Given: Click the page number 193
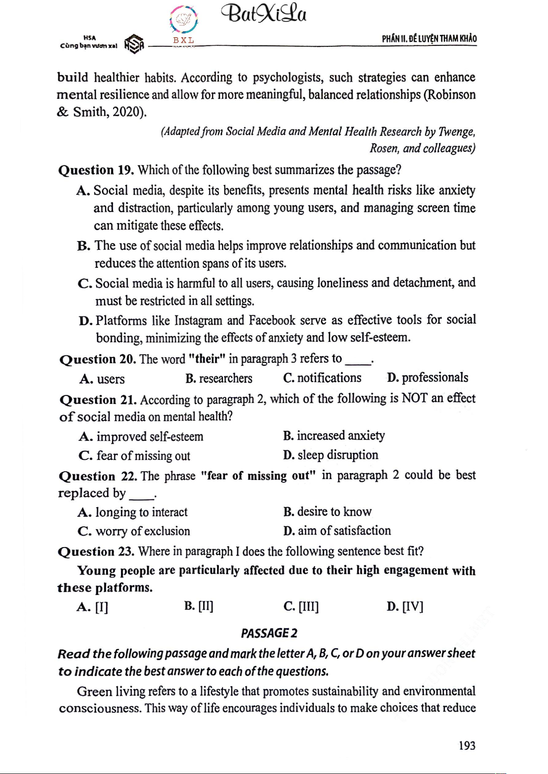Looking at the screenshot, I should point(467,746).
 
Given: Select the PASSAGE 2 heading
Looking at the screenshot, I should point(269,633).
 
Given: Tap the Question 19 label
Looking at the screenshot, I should point(96,170).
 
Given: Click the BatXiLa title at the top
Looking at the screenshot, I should point(264,14).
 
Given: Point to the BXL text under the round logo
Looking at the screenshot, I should point(183,40).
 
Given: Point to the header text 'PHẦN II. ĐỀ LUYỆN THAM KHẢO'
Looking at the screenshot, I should point(429,39).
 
